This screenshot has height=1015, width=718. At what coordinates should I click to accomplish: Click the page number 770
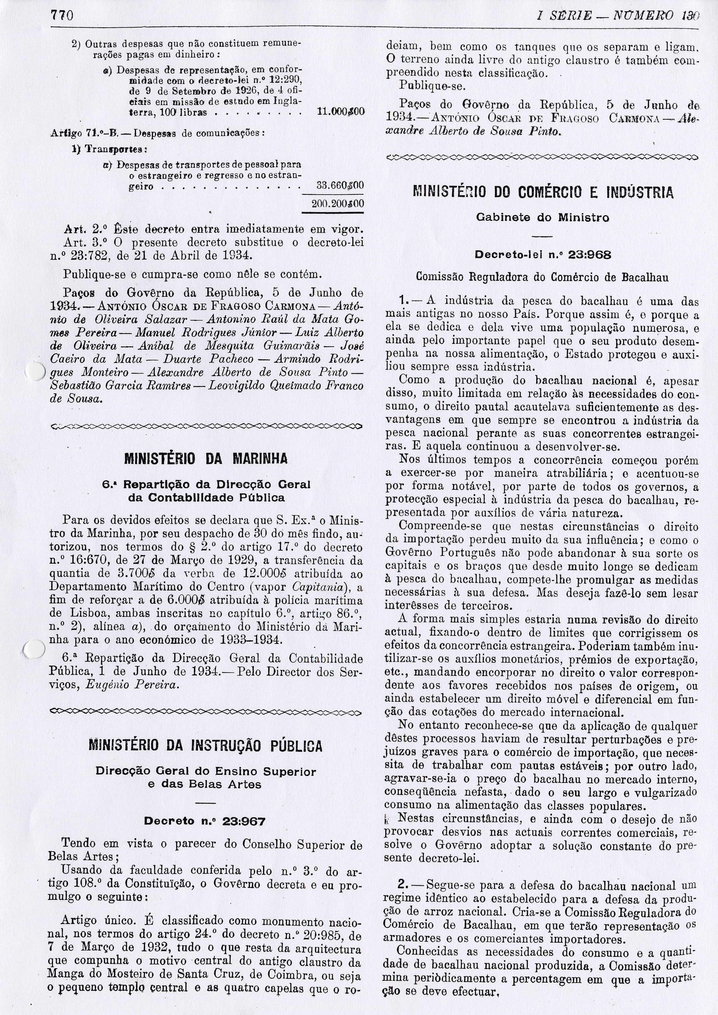62,16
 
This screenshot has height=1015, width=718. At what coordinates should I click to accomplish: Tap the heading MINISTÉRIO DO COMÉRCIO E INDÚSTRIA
543,193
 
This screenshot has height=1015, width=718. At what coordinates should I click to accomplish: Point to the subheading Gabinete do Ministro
543,218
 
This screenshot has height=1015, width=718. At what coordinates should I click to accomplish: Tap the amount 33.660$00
340,186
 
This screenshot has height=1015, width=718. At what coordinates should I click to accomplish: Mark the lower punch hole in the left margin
34,649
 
